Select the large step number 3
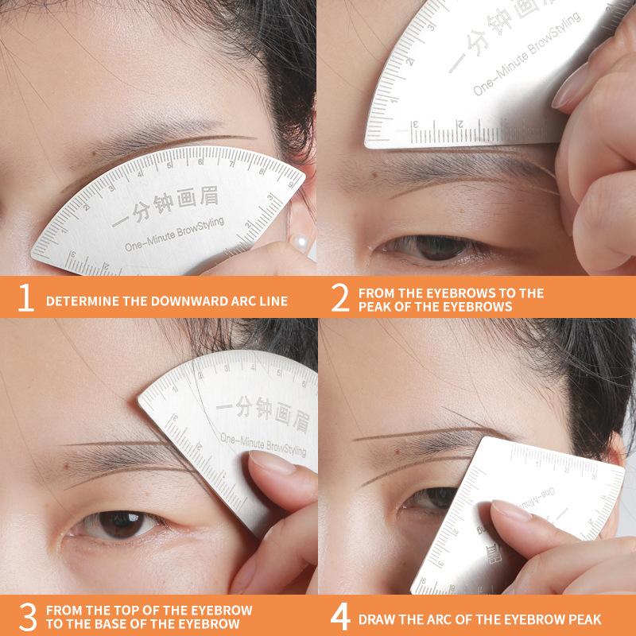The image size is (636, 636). (x=25, y=616)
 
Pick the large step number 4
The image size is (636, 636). (x=342, y=617)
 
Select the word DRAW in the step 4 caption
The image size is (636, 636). (x=378, y=620)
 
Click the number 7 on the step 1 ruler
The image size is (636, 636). (x=233, y=165)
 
